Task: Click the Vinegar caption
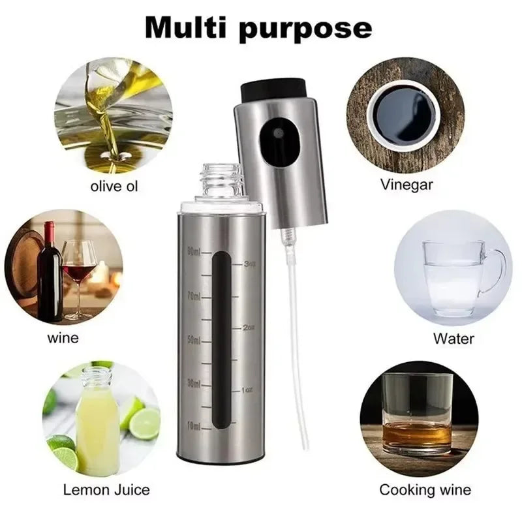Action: tap(406, 185)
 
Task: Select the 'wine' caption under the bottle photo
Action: tap(63, 338)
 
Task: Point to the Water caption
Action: tap(453, 339)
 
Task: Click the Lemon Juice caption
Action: tap(106, 489)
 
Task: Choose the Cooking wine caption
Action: tap(425, 489)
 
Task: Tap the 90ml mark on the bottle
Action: tap(194, 251)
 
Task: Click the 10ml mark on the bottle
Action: tap(194, 425)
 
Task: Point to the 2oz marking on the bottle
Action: tap(247, 328)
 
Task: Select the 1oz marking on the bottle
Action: tap(247, 390)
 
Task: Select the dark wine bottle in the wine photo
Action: tap(50, 274)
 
